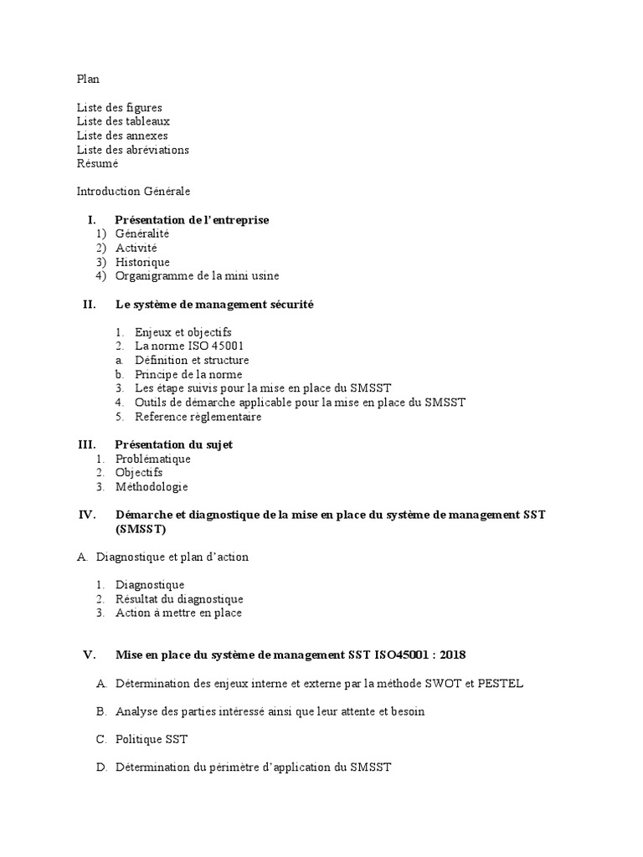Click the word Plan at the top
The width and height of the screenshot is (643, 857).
(x=88, y=79)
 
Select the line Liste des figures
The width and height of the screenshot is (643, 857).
(x=119, y=107)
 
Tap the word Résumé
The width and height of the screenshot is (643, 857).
(x=97, y=163)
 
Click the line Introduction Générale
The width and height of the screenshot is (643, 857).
(x=133, y=192)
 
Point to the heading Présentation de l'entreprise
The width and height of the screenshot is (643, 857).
(x=192, y=220)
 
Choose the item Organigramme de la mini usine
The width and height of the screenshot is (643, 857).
(x=197, y=276)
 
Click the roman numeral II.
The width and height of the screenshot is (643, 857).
(x=90, y=305)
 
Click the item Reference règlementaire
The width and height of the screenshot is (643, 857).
(x=198, y=417)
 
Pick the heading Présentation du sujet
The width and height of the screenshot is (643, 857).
(x=173, y=444)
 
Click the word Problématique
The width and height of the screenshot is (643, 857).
(x=152, y=459)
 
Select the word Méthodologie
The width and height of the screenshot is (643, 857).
(x=152, y=487)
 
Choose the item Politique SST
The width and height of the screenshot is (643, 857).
(x=152, y=739)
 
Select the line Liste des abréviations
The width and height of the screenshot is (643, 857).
(x=132, y=150)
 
